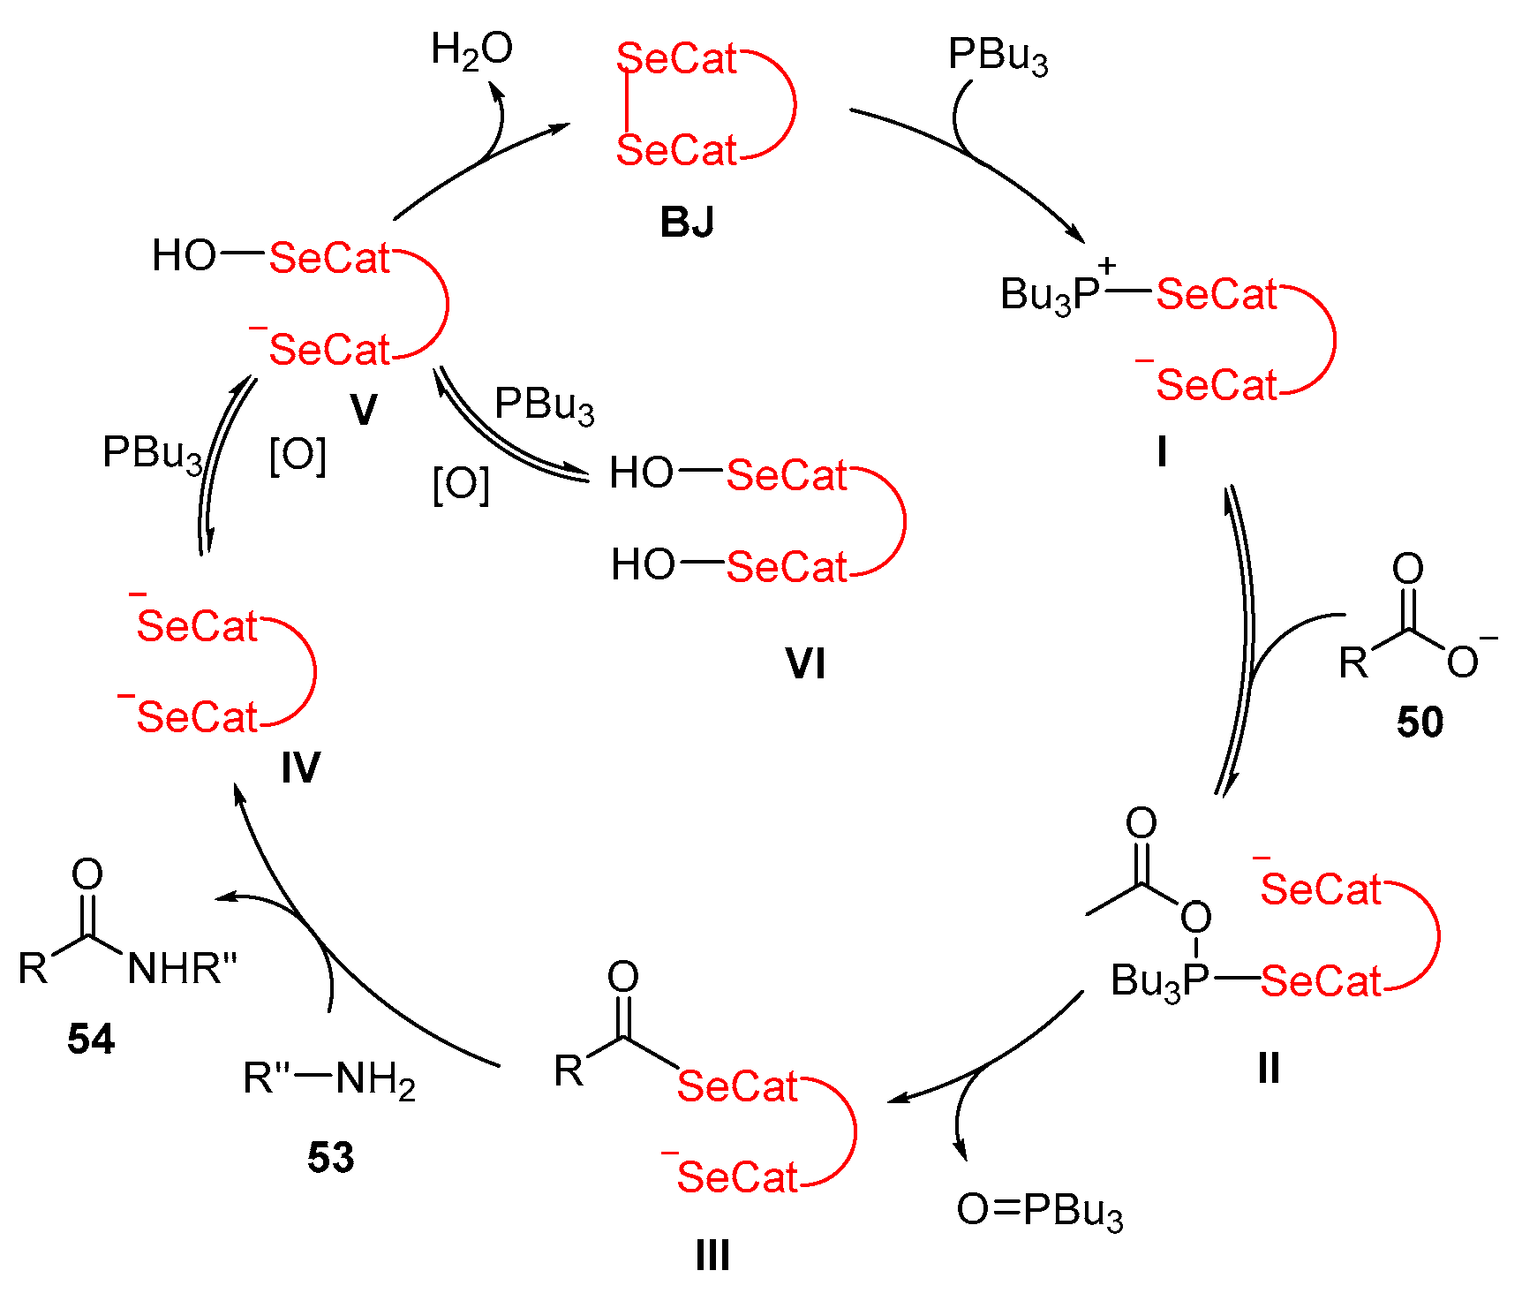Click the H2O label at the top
click(x=471, y=50)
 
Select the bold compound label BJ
click(x=687, y=222)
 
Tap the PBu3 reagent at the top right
click(x=998, y=56)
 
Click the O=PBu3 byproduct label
click(x=1039, y=1210)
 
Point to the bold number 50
click(x=1420, y=722)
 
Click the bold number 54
click(x=91, y=1040)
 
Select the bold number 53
click(x=330, y=1158)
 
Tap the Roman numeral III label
click(x=712, y=1255)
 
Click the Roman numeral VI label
click(x=805, y=664)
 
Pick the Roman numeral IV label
click(x=300, y=768)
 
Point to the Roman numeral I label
click(x=1162, y=452)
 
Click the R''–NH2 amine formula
click(x=329, y=1078)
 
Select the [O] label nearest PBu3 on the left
click(x=298, y=457)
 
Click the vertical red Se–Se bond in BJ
click(x=626, y=104)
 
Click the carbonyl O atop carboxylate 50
click(x=1407, y=569)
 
